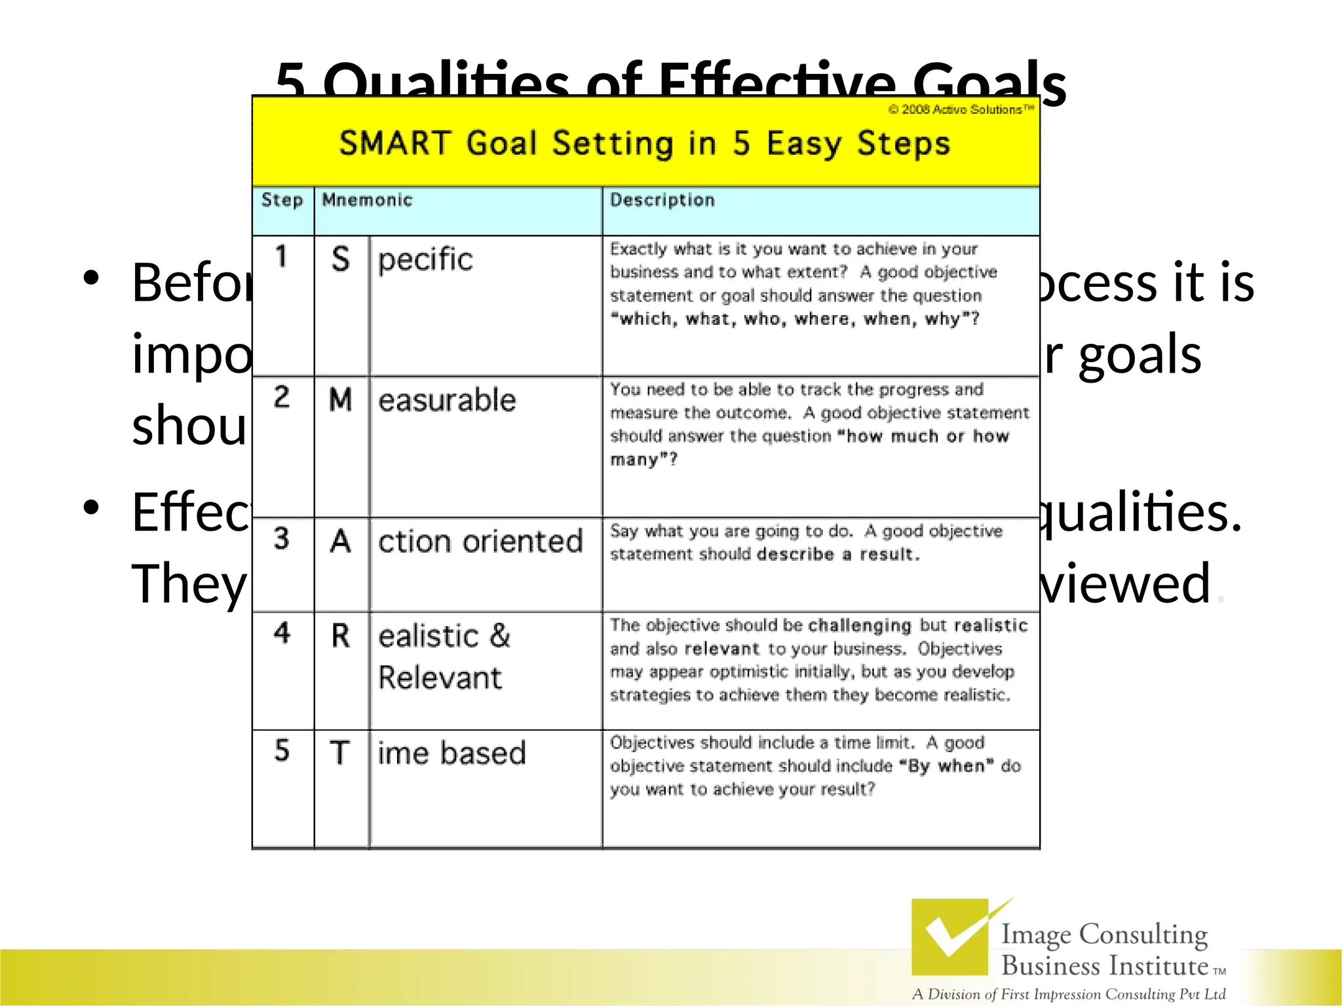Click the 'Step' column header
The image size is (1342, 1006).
282,200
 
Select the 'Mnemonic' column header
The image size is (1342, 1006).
367,200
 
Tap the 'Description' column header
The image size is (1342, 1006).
662,200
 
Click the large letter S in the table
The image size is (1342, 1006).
340,259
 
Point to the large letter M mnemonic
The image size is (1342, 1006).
340,400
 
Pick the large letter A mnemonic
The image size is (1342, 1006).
340,542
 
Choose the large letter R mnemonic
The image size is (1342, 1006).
340,636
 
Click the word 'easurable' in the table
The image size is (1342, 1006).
447,400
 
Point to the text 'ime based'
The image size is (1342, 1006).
451,753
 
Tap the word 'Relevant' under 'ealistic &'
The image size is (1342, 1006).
440,678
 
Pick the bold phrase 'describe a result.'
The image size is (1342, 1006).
838,555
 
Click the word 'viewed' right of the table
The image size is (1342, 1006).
1124,583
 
